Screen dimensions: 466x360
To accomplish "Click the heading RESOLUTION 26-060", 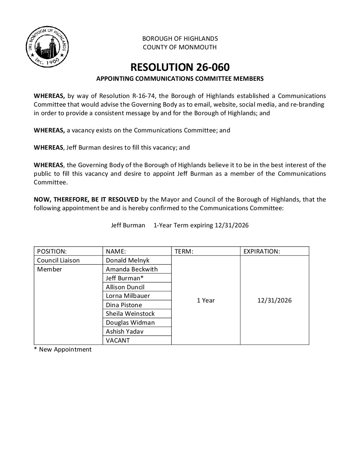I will pos(180,67).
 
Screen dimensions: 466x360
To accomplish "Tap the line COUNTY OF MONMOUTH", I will pos(180,47).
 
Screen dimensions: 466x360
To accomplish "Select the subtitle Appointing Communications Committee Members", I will pos(180,79).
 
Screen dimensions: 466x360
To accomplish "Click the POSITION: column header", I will pos(52,251).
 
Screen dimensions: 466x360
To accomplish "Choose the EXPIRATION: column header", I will pos(262,251).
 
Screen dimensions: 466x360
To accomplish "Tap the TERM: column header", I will pos(184,251).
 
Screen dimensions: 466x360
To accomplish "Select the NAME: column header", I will pos(116,251).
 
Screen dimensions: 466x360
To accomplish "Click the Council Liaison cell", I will pos(59,260).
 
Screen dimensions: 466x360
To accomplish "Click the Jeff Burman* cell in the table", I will pos(122,278).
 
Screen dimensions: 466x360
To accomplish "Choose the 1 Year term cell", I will pos(206,300).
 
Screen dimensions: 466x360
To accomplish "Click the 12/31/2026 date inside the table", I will pos(274,300).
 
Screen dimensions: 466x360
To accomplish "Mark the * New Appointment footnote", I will pos(63,349).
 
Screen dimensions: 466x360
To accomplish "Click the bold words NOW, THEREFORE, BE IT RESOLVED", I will pos(86,199).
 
